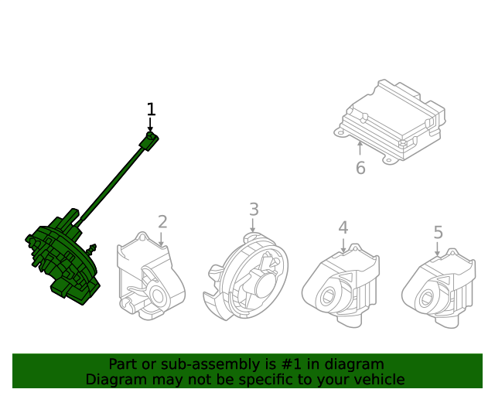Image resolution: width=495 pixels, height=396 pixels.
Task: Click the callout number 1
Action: coord(152,109)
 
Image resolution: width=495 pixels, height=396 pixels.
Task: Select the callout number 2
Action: coord(162,222)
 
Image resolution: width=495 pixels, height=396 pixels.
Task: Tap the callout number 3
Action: coord(254,209)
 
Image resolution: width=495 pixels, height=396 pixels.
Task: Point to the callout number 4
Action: coord(343,227)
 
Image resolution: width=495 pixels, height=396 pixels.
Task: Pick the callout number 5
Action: coord(438,232)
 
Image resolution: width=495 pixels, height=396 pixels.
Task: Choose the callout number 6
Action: coord(360,168)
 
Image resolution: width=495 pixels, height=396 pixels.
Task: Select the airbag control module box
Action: coord(393,120)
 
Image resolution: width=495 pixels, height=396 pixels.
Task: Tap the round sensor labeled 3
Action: coord(246,275)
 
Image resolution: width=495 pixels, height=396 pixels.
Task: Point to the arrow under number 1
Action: coord(151,126)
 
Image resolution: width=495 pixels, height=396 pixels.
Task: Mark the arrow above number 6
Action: coord(360,148)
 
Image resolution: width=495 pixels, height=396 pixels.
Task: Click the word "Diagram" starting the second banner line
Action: coord(114,379)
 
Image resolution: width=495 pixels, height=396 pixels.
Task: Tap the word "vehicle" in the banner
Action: coord(377,379)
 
